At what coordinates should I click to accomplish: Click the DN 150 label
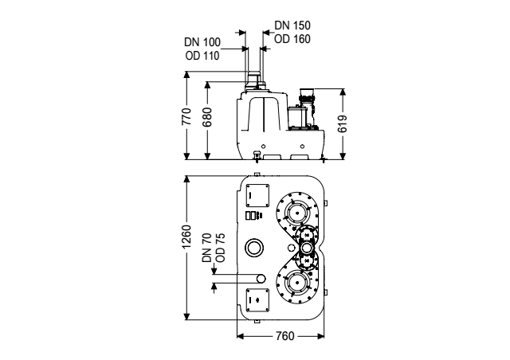[292, 25]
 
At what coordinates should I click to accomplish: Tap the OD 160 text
[292, 39]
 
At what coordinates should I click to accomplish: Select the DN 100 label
[202, 42]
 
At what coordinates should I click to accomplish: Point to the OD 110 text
[202, 56]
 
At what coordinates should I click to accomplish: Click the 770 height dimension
[186, 116]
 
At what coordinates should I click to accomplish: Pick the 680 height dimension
[207, 117]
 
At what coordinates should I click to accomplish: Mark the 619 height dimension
[343, 124]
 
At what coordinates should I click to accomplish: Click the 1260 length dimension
[186, 237]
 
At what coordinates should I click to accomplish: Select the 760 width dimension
[285, 336]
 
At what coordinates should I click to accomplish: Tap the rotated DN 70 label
[207, 248]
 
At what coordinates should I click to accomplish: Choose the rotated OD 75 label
[221, 248]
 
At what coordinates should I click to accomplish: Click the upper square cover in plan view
[257, 195]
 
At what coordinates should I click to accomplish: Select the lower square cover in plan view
[257, 299]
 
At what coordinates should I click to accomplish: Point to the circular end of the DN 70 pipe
[261, 279]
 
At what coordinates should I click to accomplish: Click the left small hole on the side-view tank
[264, 147]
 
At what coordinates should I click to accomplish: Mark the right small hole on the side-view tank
[303, 147]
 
